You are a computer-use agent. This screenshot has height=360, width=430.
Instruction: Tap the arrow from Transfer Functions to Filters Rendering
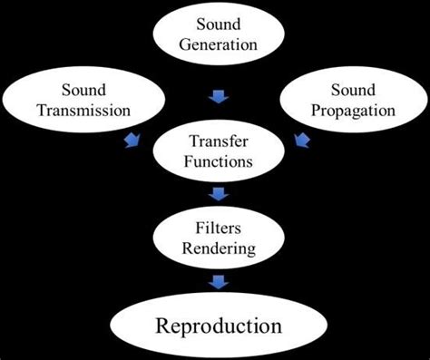(x=218, y=193)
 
